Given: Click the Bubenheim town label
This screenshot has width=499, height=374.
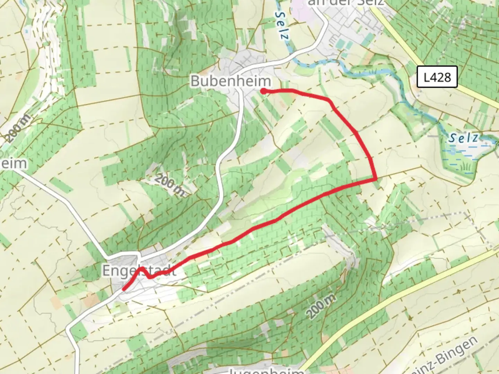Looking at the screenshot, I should pyautogui.click(x=230, y=81).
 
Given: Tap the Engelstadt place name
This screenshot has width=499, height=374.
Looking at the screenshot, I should pyautogui.click(x=139, y=271).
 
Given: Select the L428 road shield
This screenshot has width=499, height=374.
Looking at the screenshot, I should pyautogui.click(x=437, y=77).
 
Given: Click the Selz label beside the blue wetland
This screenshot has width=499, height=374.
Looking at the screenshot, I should pyautogui.click(x=464, y=138).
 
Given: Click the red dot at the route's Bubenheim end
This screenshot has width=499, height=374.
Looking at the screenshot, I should pyautogui.click(x=263, y=91).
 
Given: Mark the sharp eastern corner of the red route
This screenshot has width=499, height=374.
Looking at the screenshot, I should pyautogui.click(x=376, y=179).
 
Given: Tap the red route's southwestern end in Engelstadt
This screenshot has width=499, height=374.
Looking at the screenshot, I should pyautogui.click(x=124, y=289).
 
